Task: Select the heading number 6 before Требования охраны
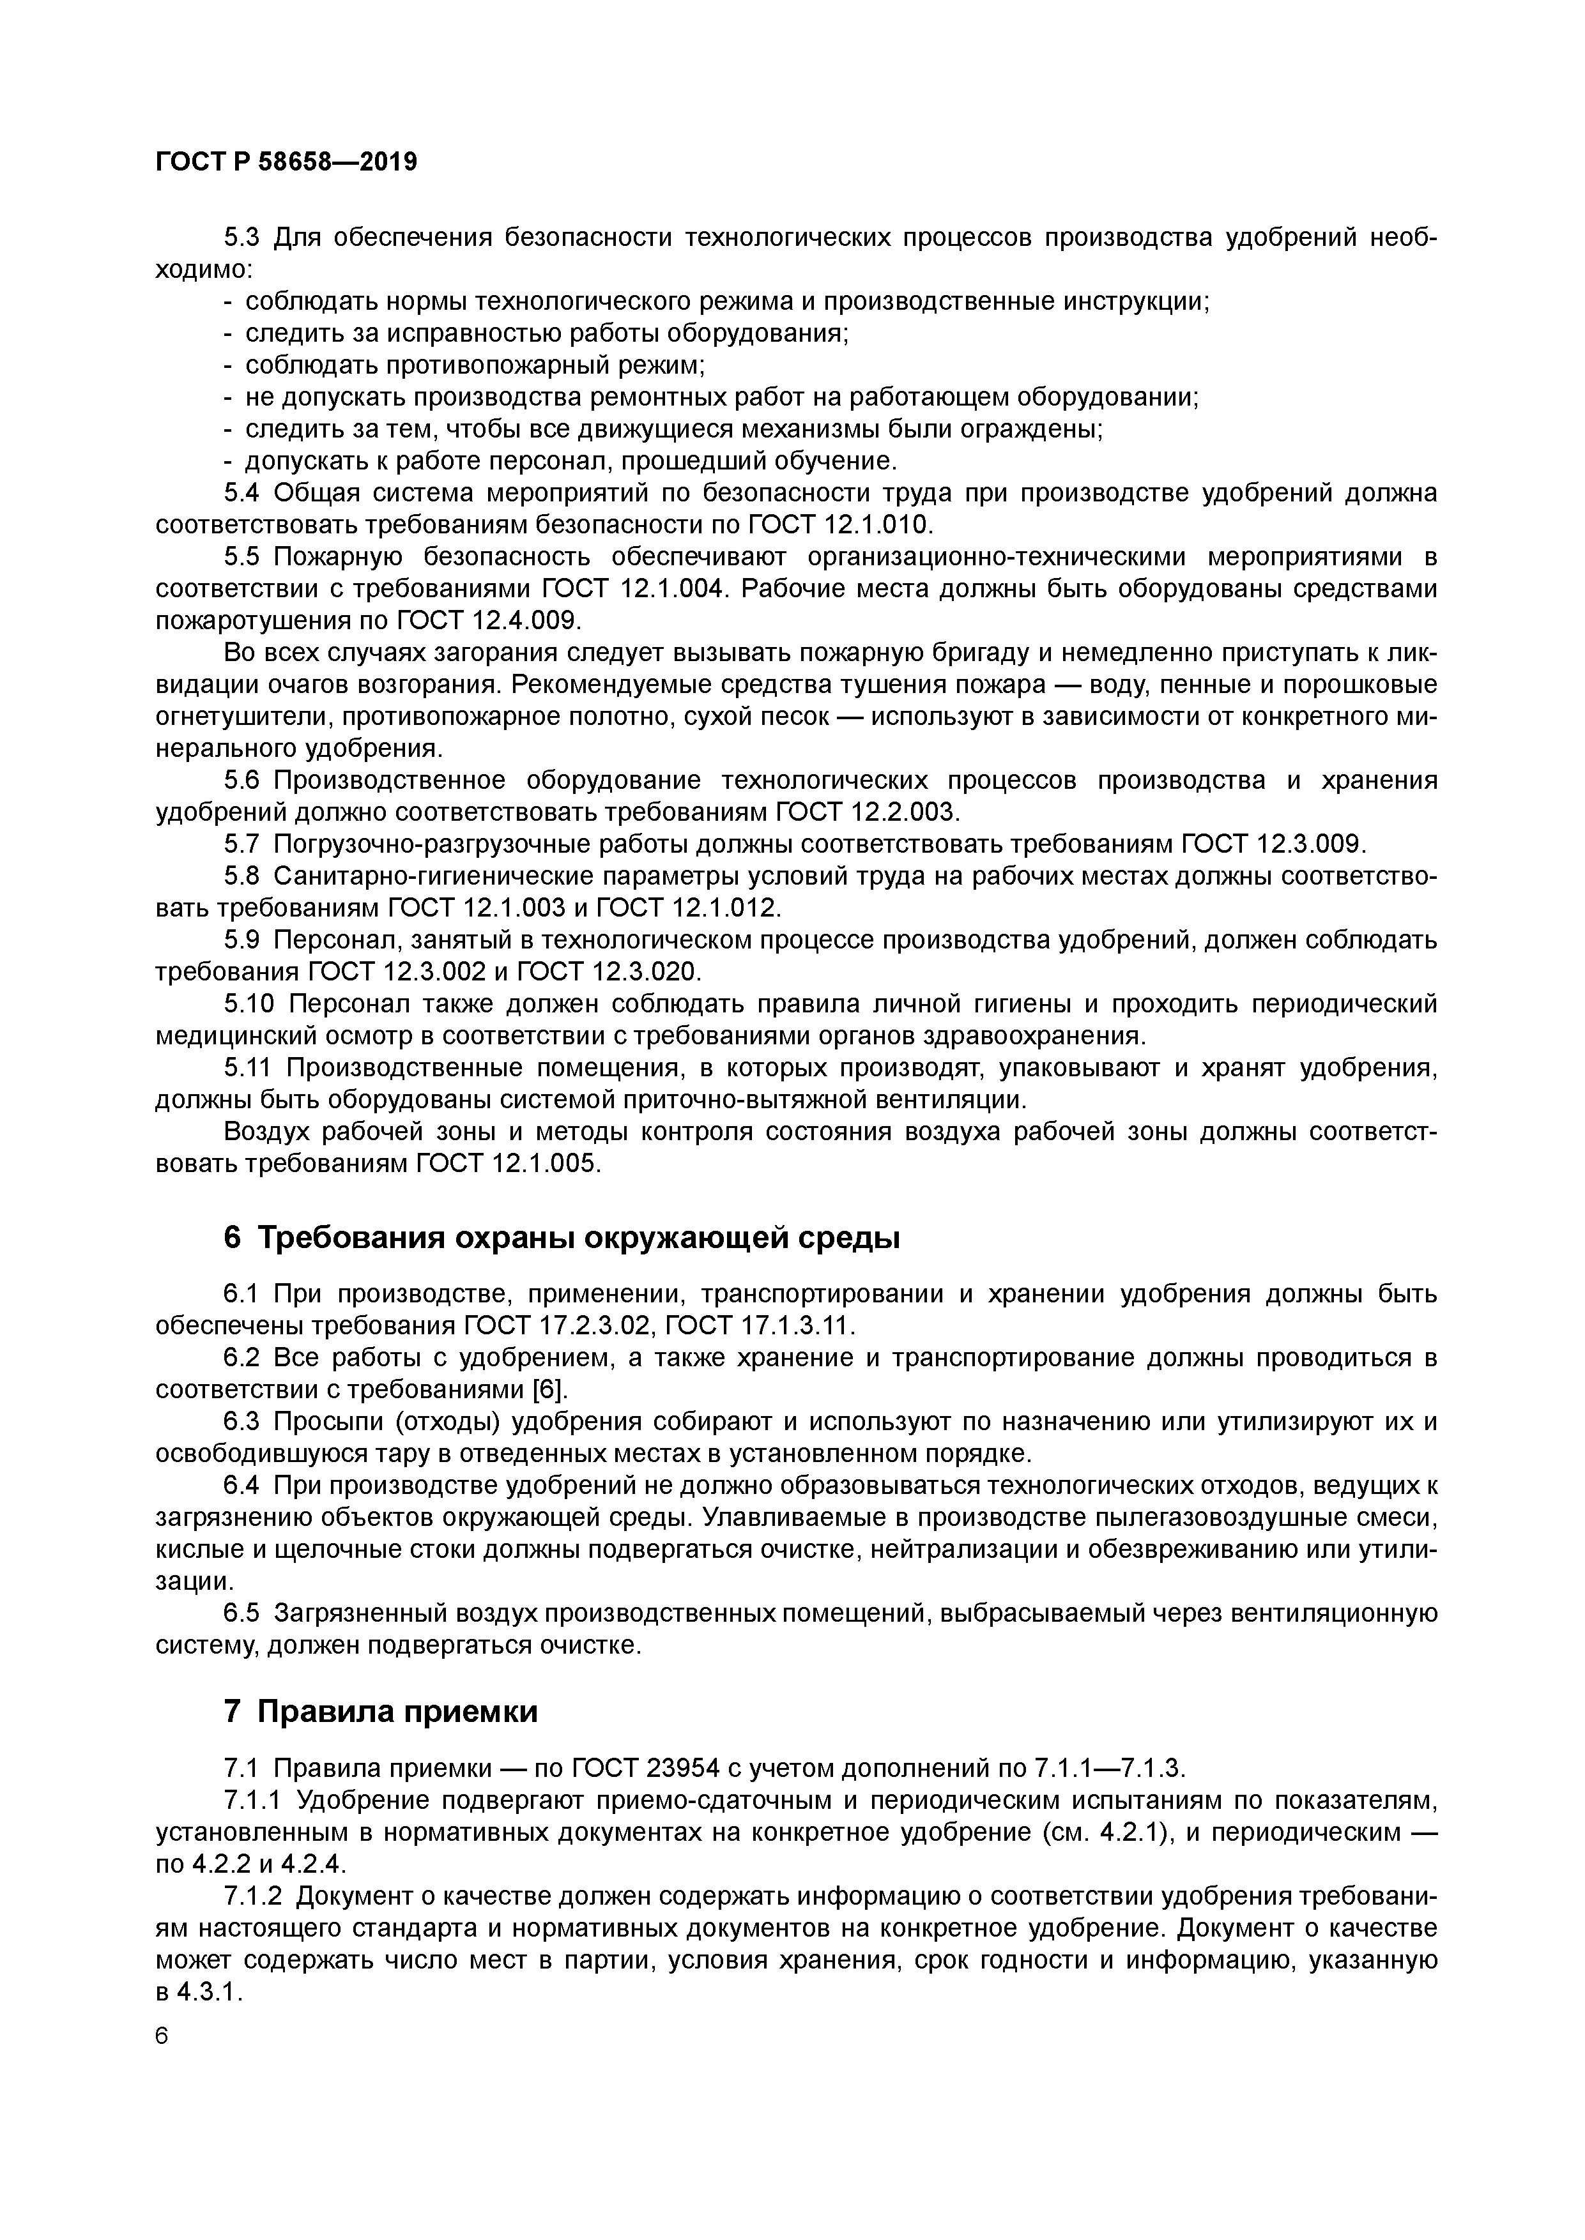coord(231,1238)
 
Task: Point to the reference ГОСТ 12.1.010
coord(839,525)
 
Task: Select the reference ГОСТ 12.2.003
coord(868,812)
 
